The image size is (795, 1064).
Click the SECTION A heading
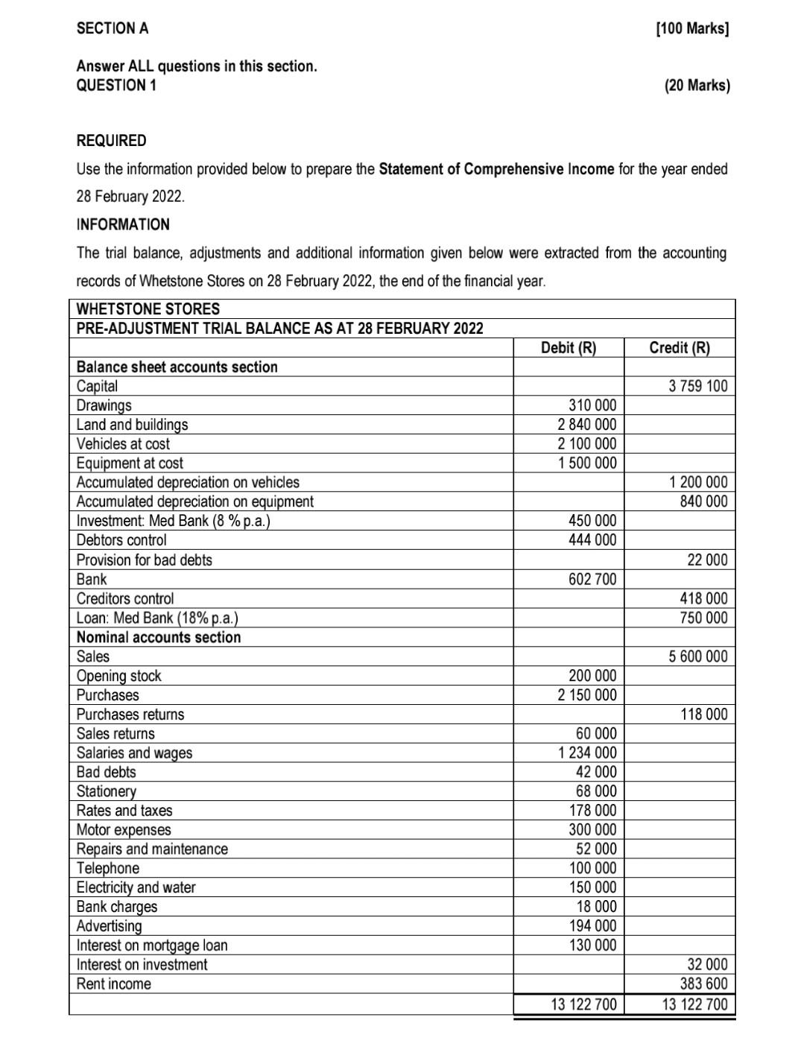tap(113, 28)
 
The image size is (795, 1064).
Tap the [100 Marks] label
tap(692, 29)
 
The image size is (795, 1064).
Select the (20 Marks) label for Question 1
tap(697, 85)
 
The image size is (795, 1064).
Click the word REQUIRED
tap(112, 140)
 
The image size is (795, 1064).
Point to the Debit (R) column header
tap(568, 347)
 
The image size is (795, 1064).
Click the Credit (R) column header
tap(680, 347)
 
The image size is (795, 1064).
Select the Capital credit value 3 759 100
tap(698, 386)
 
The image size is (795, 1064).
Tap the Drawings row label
tap(104, 405)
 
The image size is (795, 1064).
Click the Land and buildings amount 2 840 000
tap(587, 425)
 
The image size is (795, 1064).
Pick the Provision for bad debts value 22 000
tap(707, 560)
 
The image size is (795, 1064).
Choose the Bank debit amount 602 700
tap(592, 579)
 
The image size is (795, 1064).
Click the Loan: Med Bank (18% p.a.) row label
tap(157, 618)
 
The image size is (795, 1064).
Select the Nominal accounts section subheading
tap(159, 637)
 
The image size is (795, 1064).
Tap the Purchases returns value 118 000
tap(704, 715)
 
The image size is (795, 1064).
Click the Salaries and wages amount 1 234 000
tap(587, 753)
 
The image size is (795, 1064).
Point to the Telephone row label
tap(107, 868)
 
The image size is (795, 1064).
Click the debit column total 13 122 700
tap(584, 1004)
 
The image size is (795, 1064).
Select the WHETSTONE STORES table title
tap(148, 308)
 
